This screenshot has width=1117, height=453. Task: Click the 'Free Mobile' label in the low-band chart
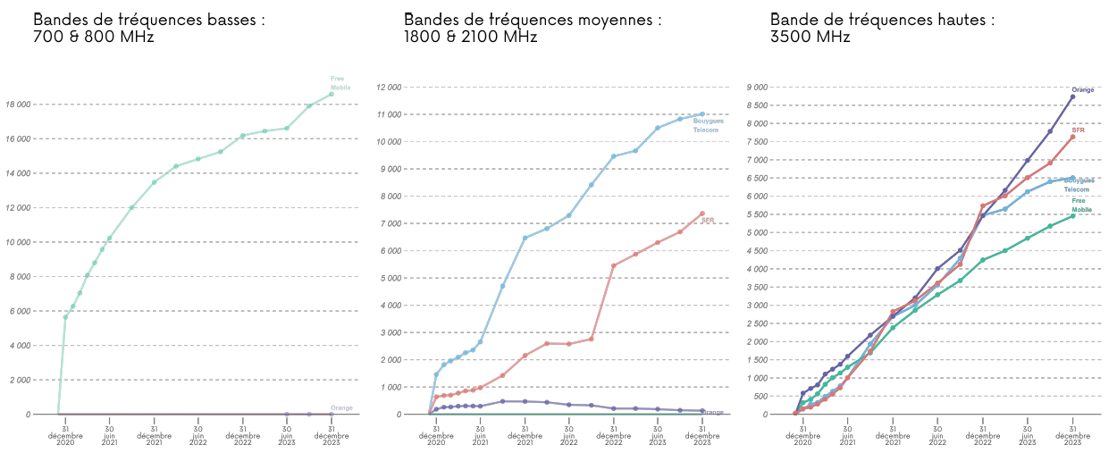point(339,83)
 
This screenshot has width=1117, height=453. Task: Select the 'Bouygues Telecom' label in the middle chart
point(709,125)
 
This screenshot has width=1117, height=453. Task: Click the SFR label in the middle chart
point(708,220)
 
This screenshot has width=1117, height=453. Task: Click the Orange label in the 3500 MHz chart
point(1082,89)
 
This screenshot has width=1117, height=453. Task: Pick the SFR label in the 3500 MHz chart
point(1078,130)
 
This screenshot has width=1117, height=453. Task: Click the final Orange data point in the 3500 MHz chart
point(1072,96)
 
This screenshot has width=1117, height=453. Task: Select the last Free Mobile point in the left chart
point(332,94)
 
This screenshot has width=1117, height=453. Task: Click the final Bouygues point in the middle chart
point(702,114)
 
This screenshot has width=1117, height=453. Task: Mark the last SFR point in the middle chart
point(702,214)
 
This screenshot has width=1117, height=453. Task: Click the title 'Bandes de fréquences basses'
point(148,20)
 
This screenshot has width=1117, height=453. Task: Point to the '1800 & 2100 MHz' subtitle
point(470,38)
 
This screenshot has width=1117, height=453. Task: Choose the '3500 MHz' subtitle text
point(810,38)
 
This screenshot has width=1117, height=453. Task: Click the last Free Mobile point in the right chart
point(1072,215)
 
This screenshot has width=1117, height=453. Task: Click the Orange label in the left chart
point(341,407)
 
